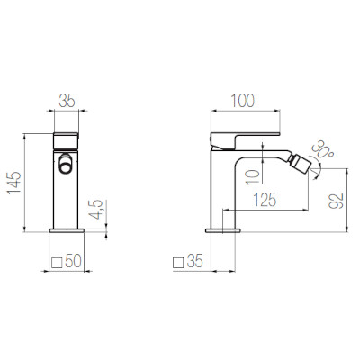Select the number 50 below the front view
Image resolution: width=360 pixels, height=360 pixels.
point(76,263)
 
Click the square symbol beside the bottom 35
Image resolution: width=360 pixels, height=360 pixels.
point(178,263)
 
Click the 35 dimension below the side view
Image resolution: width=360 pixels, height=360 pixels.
point(196,263)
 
